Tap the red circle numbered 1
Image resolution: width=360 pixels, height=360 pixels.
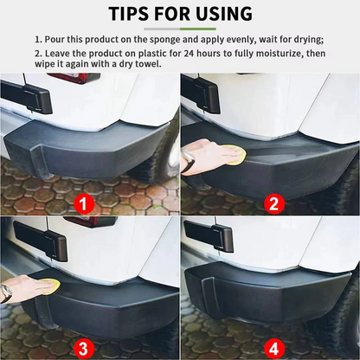83,203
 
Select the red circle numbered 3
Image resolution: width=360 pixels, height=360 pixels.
83,349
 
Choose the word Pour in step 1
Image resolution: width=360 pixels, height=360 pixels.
55,40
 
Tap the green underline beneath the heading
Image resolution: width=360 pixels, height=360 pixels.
179,29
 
